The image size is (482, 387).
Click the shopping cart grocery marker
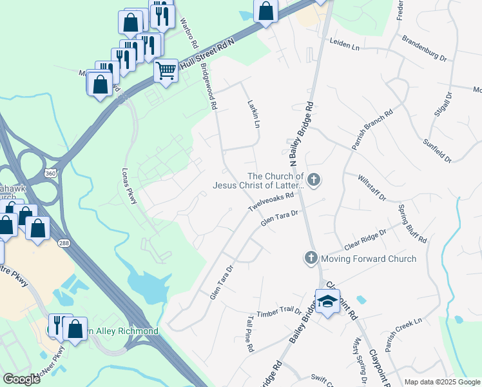coord(166,70)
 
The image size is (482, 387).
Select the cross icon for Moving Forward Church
coord(311,259)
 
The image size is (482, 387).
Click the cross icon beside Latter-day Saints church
coord(314,180)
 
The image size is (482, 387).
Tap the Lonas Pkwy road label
coord(130,187)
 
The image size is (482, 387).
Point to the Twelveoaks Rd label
coord(272,203)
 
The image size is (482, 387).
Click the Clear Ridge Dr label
coord(365,240)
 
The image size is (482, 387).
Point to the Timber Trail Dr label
coord(279,312)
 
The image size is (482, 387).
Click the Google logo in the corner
coord(21,379)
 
